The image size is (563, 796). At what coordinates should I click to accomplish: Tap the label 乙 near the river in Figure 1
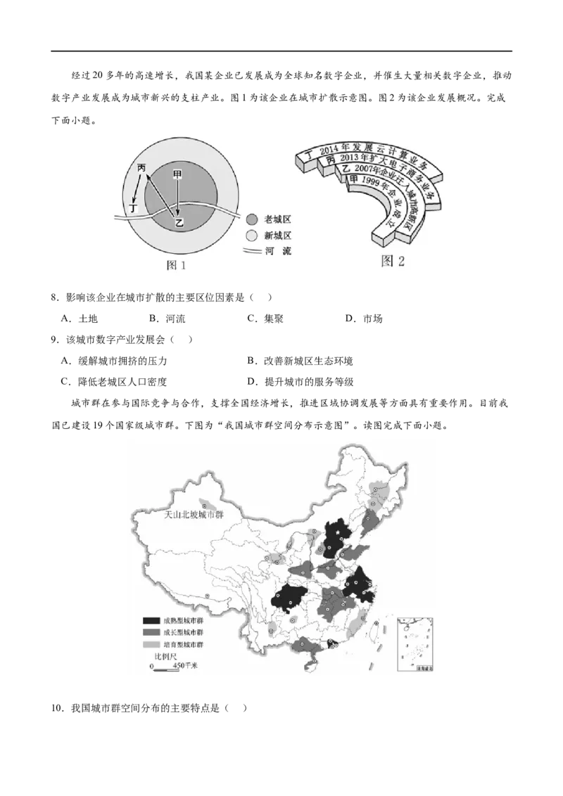tap(179, 223)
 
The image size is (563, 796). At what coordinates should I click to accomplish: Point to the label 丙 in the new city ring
tap(142, 168)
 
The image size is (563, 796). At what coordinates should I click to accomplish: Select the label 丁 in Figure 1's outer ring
tap(134, 207)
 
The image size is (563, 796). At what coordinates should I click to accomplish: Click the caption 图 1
tap(175, 265)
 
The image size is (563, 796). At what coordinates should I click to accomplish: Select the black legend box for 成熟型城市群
tap(151, 621)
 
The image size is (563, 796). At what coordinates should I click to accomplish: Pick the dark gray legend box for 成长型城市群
tap(151, 632)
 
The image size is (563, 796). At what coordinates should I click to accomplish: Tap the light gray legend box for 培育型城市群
tap(151, 644)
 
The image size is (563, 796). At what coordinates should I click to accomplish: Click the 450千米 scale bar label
tap(184, 665)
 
